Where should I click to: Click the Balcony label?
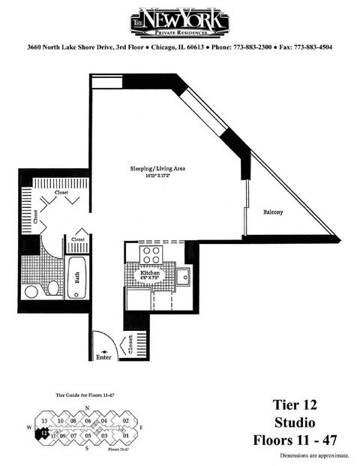[x=273, y=212]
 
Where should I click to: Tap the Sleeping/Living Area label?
[x=157, y=170]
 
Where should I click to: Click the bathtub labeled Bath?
[x=76, y=278]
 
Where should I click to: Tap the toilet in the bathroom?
[x=53, y=289]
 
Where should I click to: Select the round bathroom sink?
[x=31, y=290]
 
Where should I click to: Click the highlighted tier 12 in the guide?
[x=46, y=431]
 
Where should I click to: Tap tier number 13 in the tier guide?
[x=45, y=422]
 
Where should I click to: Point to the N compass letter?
[x=88, y=409]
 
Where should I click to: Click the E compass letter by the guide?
[x=141, y=428]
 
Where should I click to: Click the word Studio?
[x=295, y=421]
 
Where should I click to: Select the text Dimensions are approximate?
[x=314, y=455]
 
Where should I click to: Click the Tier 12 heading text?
[x=295, y=404]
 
